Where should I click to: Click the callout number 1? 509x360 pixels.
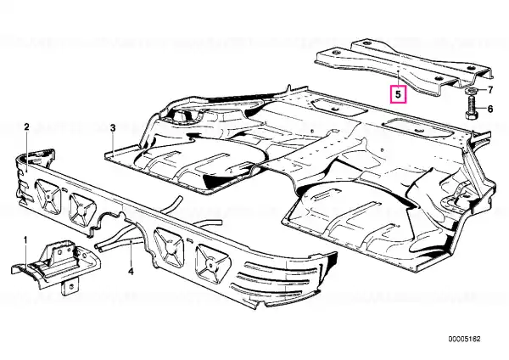(25, 240)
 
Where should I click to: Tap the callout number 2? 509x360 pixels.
(26, 127)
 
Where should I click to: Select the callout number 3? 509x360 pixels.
(113, 128)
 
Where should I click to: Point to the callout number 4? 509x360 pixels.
(131, 271)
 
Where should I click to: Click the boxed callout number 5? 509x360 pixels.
(398, 94)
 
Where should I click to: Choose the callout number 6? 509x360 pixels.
(489, 109)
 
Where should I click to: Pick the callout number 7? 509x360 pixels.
(489, 90)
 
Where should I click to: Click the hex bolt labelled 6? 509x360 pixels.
(470, 107)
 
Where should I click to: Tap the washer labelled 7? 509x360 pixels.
(470, 90)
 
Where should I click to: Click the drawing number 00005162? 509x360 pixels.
(464, 339)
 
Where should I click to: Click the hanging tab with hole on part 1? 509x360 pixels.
(70, 286)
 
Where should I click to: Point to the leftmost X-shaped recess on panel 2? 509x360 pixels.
(48, 195)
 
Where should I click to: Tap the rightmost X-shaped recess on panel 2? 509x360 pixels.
(211, 263)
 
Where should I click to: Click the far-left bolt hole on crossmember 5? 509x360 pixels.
(335, 53)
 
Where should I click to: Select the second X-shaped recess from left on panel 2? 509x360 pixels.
(81, 209)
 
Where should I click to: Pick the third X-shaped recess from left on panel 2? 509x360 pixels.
(169, 247)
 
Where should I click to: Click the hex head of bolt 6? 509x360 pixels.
(470, 115)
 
